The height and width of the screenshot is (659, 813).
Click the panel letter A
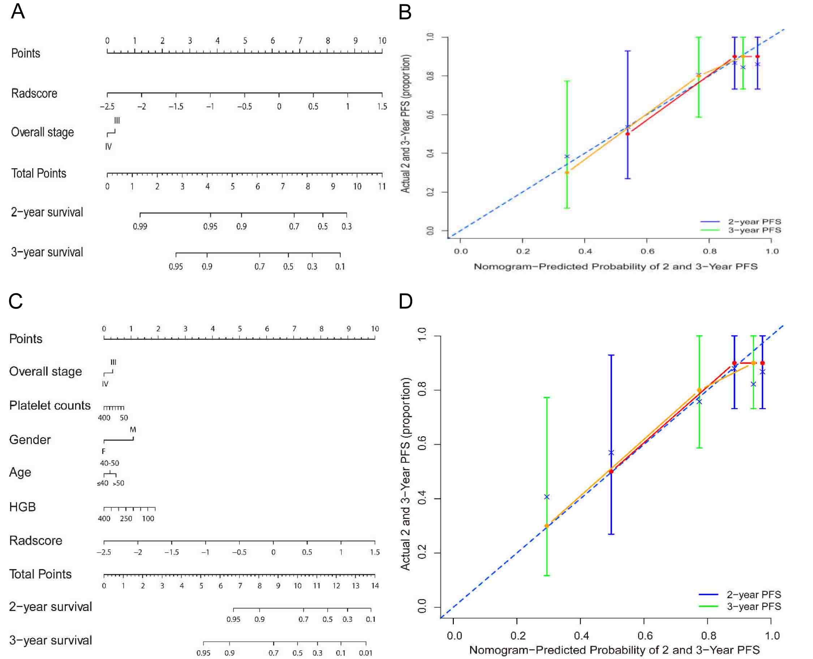coord(18,12)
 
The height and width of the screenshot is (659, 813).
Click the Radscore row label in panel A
coord(34,94)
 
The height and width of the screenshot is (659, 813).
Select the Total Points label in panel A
coord(39,173)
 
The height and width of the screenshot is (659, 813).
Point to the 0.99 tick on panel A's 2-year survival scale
coord(140,227)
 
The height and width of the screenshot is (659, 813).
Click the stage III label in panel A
coord(117,121)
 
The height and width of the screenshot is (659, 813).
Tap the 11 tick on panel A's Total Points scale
coord(382,186)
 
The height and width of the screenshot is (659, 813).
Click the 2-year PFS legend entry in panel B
coord(754,222)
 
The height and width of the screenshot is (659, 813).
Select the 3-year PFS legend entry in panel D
coord(754,607)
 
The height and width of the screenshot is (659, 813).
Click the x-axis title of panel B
coord(615,266)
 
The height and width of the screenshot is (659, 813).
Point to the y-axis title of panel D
coord(405,474)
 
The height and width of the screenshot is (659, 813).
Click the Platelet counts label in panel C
coord(50,406)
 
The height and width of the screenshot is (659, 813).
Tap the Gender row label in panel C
coord(30,439)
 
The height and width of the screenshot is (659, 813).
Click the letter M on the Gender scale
coord(133,430)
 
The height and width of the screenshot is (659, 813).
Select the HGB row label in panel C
coord(22,507)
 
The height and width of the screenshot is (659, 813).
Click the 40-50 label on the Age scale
coord(109,463)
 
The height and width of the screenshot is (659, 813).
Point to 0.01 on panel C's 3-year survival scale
coord(365,653)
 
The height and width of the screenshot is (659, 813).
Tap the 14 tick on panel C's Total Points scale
coord(375,586)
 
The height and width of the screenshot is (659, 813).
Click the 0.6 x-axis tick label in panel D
coord(645,636)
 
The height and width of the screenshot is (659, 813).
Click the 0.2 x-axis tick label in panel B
coord(523,251)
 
